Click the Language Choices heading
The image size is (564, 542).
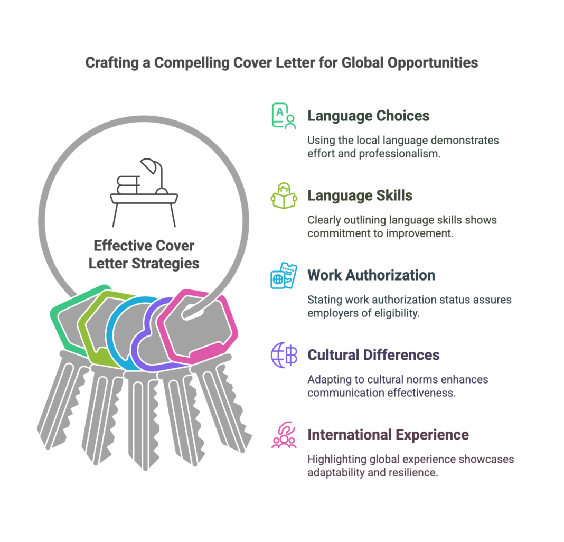[368, 116]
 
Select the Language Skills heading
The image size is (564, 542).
[360, 195]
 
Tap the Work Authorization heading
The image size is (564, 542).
[371, 275]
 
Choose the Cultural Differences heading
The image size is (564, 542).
[373, 355]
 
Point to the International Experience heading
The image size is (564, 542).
[388, 435]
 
